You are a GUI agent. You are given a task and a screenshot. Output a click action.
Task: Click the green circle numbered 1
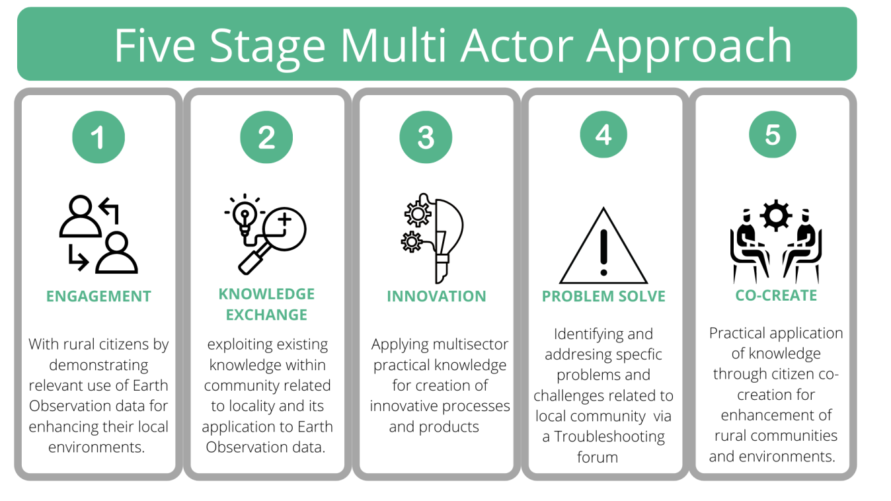98,137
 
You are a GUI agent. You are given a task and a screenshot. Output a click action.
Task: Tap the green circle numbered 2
266,137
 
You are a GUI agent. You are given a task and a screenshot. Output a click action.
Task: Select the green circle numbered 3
426,137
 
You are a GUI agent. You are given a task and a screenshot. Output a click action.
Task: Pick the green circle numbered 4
603,134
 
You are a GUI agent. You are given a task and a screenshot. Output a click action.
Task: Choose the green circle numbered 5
773,134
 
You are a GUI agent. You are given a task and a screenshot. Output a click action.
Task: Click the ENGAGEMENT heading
98,296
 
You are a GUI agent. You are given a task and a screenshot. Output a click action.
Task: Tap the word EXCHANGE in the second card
266,315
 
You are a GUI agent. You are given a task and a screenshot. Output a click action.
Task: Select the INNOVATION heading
436,296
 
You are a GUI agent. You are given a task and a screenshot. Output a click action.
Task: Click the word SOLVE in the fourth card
640,296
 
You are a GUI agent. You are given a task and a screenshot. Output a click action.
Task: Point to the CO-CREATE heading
776,295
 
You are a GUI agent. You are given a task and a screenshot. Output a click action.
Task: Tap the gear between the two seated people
775,215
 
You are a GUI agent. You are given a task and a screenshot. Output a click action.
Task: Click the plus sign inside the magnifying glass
284,219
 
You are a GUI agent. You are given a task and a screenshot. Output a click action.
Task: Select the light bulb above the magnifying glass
245,215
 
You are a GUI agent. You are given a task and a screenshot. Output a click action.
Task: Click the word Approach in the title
689,46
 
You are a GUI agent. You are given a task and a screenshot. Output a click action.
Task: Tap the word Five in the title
155,45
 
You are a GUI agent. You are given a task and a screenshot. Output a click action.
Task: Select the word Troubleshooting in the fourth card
609,437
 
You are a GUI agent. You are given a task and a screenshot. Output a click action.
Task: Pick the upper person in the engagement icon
80,216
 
